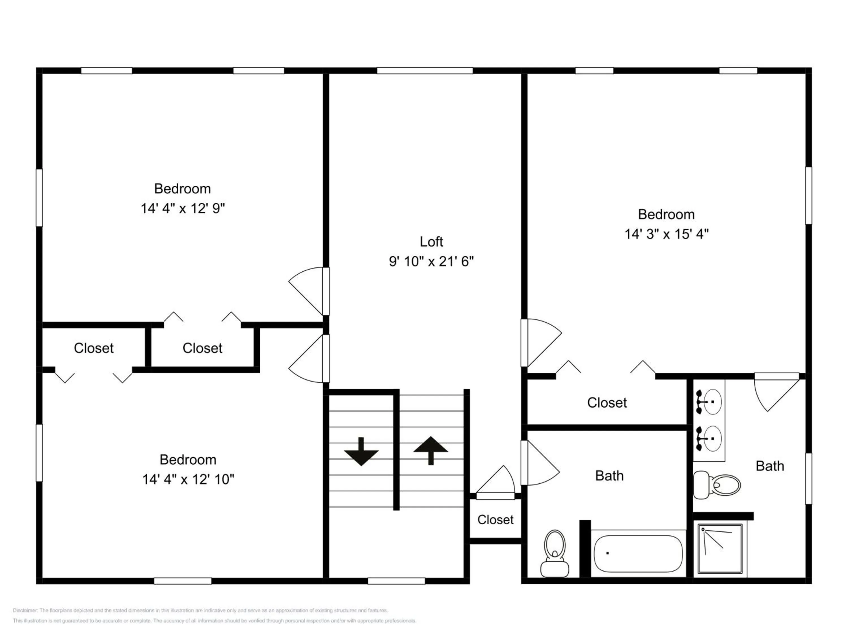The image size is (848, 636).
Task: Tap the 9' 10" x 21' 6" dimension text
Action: pyautogui.click(x=431, y=261)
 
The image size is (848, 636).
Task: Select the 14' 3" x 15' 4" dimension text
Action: pyautogui.click(x=667, y=234)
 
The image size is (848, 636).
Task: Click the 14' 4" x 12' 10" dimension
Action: pyautogui.click(x=188, y=479)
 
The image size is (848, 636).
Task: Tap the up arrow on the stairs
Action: pyautogui.click(x=431, y=451)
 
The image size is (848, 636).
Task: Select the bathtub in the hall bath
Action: pyautogui.click(x=638, y=553)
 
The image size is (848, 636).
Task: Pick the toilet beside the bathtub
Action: pyautogui.click(x=555, y=553)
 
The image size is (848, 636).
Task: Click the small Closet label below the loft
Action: pyautogui.click(x=495, y=520)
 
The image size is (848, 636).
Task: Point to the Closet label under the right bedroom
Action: pyautogui.click(x=607, y=403)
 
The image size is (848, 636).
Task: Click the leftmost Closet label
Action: pyautogui.click(x=94, y=348)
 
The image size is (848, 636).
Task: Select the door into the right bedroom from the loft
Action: pyautogui.click(x=540, y=343)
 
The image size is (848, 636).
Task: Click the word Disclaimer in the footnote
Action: pyautogui.click(x=25, y=610)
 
